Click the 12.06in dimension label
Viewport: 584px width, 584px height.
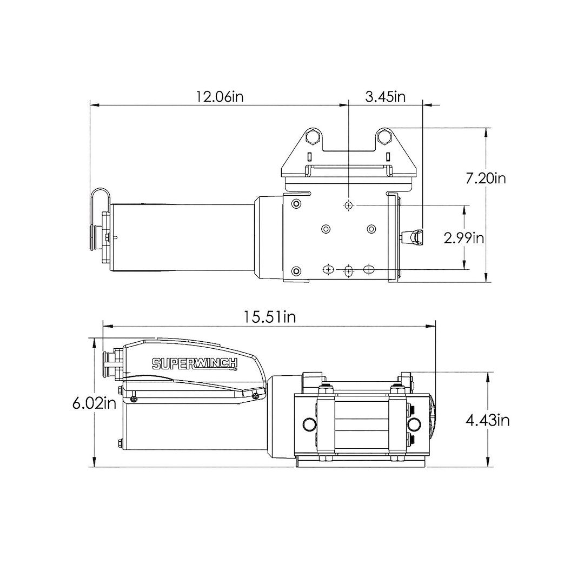(220, 97)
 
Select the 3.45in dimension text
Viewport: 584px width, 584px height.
(385, 97)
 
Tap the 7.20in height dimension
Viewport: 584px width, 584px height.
(486, 177)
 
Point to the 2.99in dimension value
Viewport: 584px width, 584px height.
(463, 238)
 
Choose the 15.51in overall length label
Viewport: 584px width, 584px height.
(269, 317)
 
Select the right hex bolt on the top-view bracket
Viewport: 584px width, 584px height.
(384, 136)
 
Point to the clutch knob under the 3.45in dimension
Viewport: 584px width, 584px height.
(414, 236)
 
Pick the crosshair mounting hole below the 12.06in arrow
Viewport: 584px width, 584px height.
(349, 205)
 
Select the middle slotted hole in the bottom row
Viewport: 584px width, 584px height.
(349, 269)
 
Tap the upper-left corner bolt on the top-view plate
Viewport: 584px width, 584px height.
(296, 203)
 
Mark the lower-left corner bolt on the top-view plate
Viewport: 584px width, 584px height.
(296, 270)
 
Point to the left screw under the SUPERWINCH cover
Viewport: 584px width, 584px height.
(134, 399)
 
